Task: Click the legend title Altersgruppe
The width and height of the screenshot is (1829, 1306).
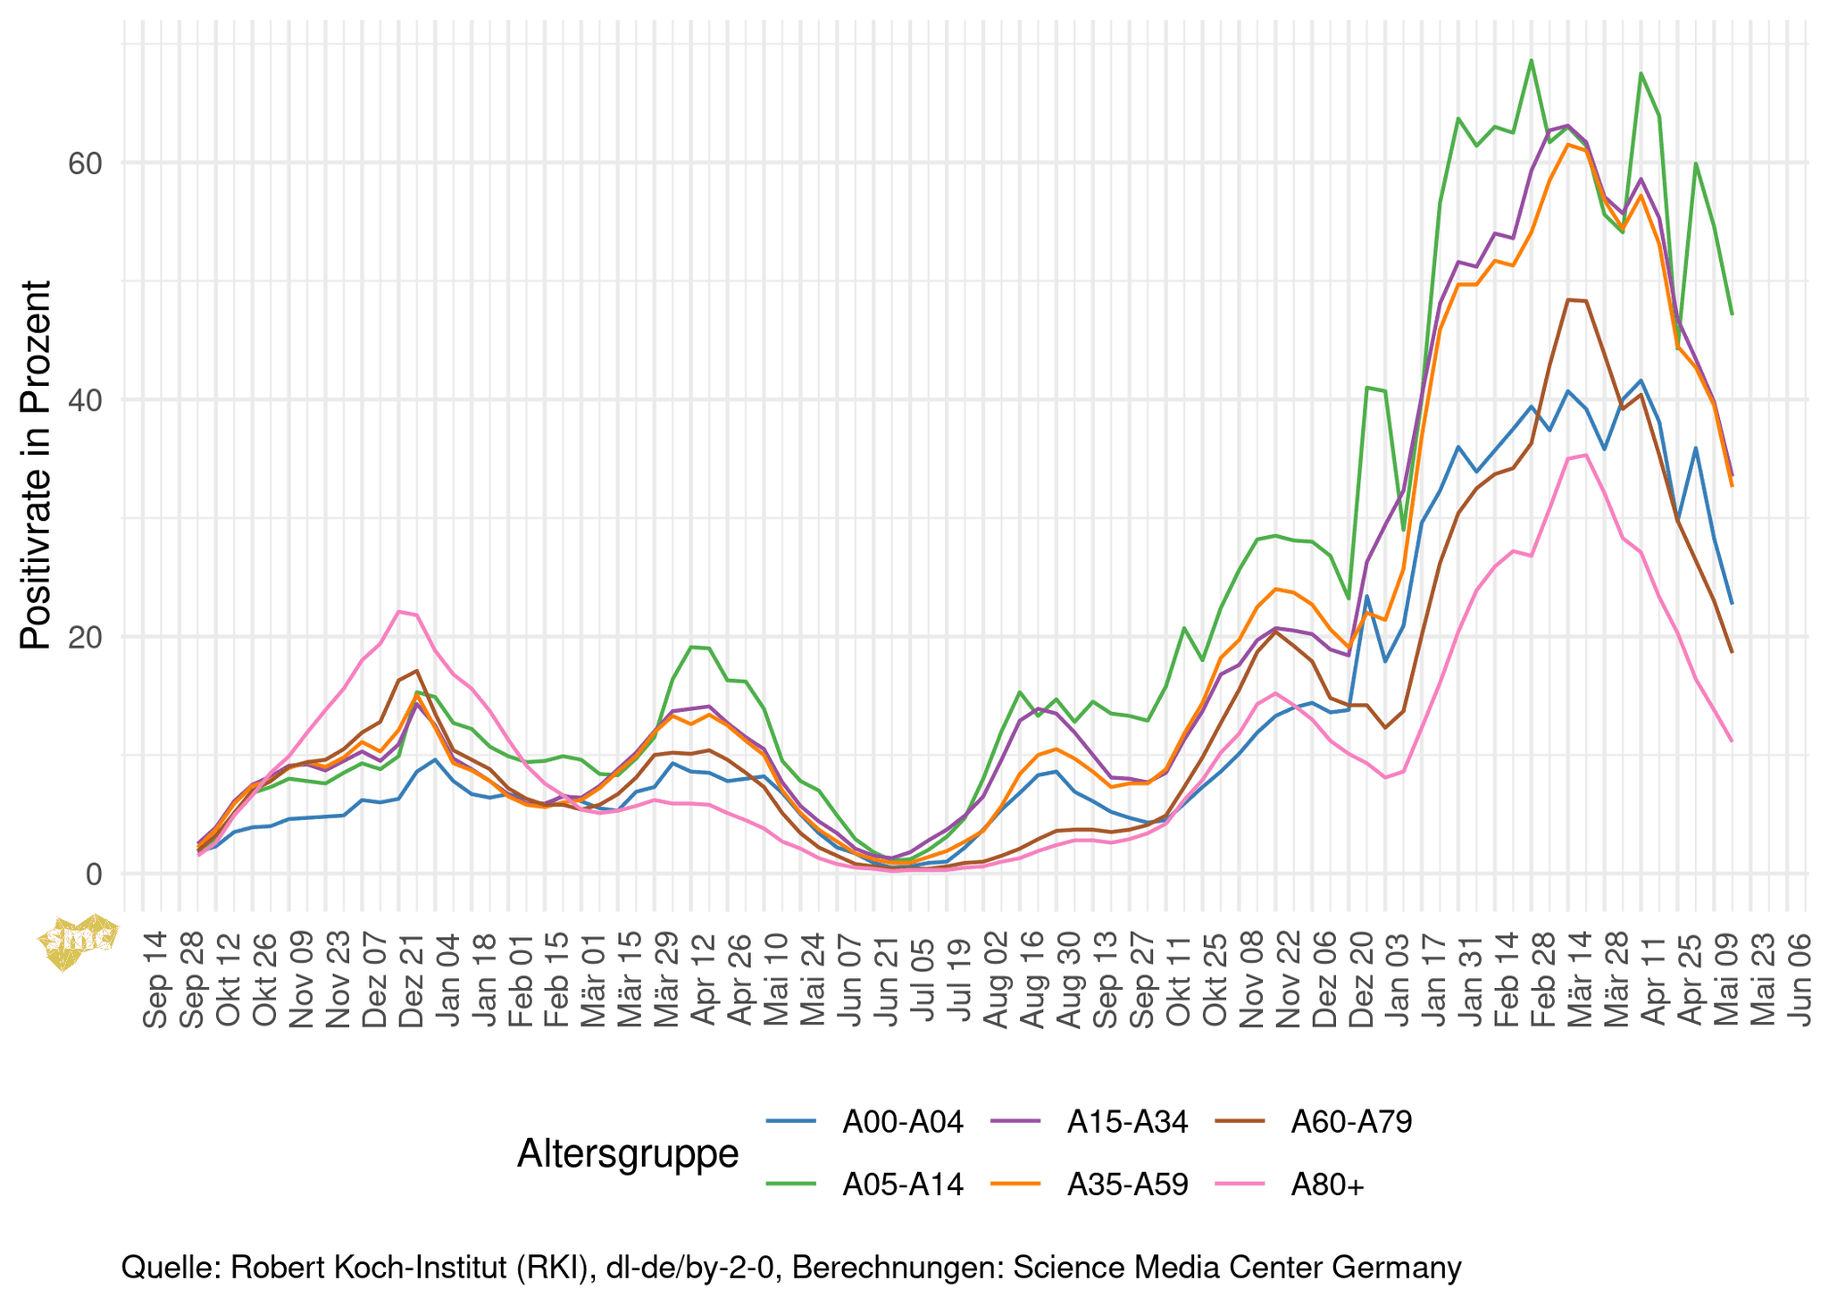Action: (628, 1153)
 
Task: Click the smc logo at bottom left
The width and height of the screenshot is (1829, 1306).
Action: (79, 940)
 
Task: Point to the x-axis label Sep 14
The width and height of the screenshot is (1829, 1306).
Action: (155, 980)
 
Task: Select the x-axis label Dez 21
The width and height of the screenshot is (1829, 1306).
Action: (412, 980)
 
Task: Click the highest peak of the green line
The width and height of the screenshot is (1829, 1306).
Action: (1532, 61)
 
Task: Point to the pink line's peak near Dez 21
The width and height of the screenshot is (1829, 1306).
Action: (399, 611)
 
